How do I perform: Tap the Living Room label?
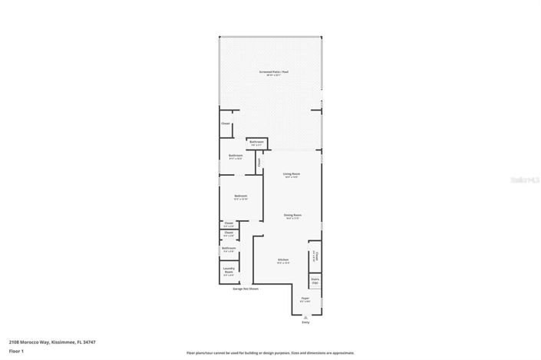point(291,175)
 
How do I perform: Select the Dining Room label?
point(291,216)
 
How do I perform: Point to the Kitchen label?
point(282,261)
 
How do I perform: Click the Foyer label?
point(305,298)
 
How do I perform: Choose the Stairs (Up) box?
point(315,282)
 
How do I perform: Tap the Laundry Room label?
point(229,270)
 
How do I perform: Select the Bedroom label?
point(240,197)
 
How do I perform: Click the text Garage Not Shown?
point(246,289)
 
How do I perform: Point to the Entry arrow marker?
point(305,316)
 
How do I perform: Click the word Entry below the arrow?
point(305,322)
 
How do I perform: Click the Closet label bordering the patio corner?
point(226,124)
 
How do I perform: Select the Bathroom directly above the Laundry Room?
point(229,249)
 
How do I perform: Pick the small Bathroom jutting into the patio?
point(256,142)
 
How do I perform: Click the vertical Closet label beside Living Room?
point(259,162)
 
